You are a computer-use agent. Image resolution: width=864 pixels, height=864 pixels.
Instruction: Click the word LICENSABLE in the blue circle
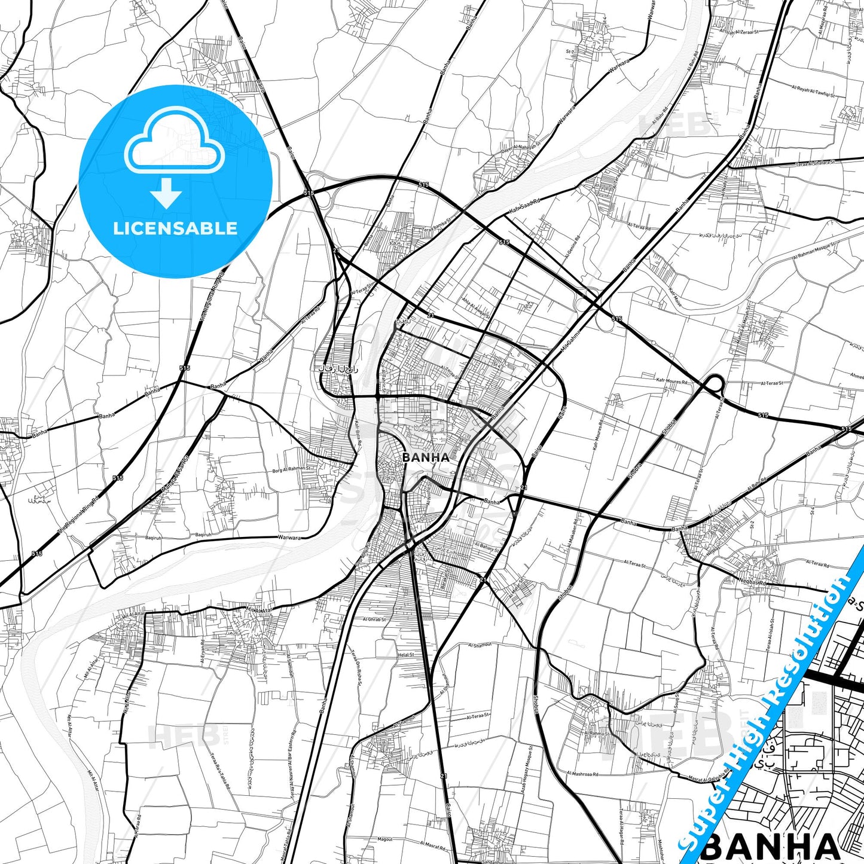[175, 228]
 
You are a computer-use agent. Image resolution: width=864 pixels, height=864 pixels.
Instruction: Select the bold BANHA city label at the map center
[426, 457]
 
